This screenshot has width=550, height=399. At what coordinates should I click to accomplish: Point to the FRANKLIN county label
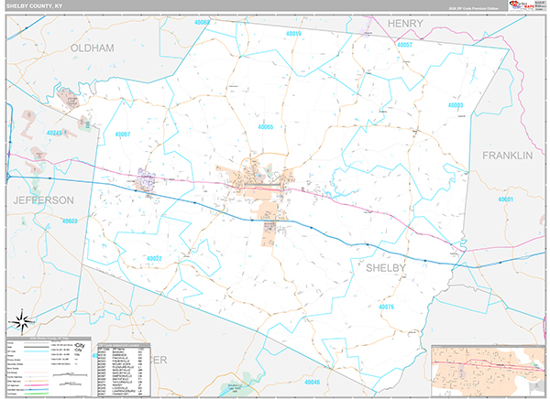[x=507, y=156]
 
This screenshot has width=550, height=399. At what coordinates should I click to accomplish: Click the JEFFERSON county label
[x=42, y=199]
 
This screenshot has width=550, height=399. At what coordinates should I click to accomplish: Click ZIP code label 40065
[x=266, y=126]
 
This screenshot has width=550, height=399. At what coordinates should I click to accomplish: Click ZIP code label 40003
[x=456, y=106]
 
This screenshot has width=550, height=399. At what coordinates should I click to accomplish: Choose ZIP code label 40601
[x=507, y=199]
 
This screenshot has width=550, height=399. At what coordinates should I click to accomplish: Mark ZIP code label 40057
[x=405, y=45]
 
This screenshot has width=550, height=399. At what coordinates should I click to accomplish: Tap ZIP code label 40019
[x=293, y=34]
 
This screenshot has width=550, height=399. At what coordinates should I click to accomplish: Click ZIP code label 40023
[x=70, y=221]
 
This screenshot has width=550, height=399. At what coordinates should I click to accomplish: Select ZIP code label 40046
[x=313, y=382]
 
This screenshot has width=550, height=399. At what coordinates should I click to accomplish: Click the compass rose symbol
[x=22, y=322]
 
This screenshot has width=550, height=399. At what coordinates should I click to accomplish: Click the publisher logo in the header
[x=530, y=5]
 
